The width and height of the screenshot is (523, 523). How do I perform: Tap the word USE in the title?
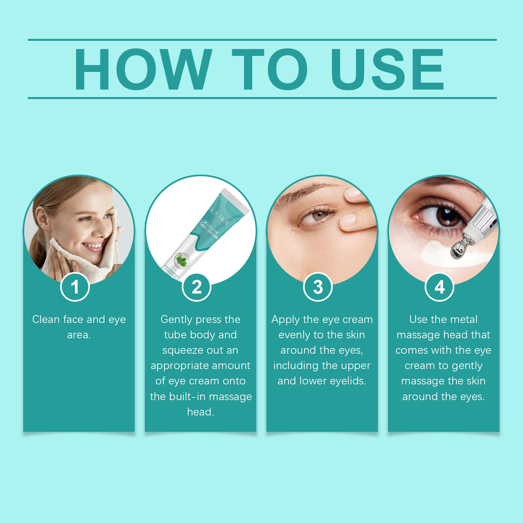(387, 69)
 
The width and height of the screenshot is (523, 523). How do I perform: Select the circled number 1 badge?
(75, 287)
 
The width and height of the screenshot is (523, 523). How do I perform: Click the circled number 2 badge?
(196, 287)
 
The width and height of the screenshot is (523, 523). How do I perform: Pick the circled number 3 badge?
(318, 287)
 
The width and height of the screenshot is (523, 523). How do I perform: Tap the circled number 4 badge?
(439, 287)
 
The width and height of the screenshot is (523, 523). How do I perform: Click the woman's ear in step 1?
(42, 217)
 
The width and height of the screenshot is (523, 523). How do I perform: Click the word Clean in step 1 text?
(46, 319)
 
